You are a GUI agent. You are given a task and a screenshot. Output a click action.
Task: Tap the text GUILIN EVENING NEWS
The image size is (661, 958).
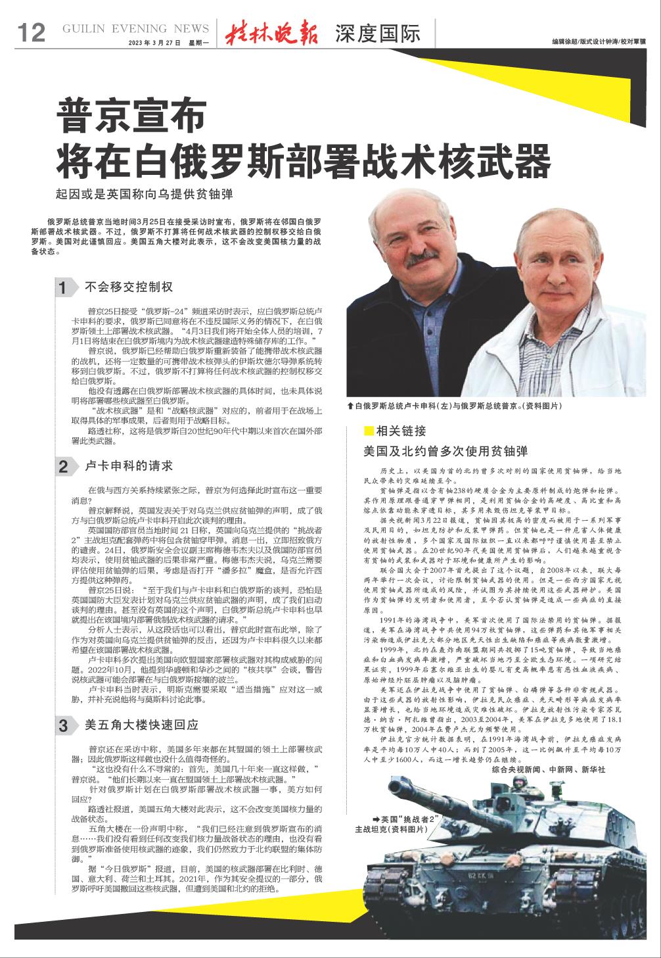(135, 29)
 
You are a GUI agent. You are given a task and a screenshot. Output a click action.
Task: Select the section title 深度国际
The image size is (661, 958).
(376, 33)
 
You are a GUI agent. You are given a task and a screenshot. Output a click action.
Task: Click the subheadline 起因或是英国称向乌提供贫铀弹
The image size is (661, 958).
(145, 195)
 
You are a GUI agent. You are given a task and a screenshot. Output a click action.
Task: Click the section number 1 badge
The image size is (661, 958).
(63, 287)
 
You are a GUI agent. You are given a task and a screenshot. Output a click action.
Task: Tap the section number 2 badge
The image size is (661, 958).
(63, 467)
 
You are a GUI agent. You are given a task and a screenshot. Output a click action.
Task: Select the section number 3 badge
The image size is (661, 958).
(63, 726)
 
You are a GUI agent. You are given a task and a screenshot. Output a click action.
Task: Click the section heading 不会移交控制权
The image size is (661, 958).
(129, 287)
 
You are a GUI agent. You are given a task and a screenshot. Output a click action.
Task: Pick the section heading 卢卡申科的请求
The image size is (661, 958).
(129, 466)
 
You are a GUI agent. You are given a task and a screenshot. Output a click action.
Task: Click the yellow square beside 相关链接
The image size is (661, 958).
(368, 431)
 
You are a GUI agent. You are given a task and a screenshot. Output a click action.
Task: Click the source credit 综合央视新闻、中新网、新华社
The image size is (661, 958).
(547, 769)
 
